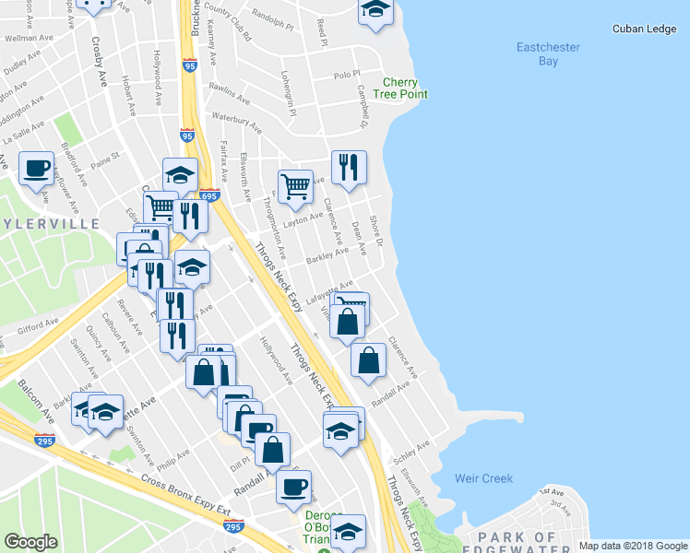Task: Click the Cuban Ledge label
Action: click(645, 29)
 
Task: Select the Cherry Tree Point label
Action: click(407, 88)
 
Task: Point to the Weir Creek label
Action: click(483, 478)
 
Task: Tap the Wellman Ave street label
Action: click(26, 40)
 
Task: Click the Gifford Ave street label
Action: click(38, 324)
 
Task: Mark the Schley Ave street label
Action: click(411, 453)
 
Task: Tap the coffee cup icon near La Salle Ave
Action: click(36, 169)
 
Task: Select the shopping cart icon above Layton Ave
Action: click(295, 185)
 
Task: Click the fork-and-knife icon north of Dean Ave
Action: click(349, 168)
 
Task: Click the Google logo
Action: click(31, 541)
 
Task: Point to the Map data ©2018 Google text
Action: click(632, 546)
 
